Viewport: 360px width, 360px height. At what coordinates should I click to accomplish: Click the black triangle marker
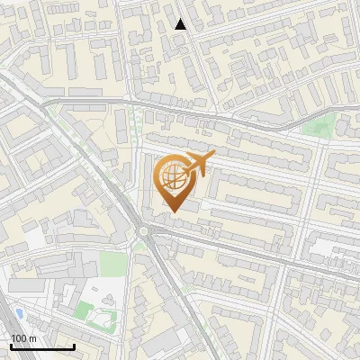(x=181, y=24)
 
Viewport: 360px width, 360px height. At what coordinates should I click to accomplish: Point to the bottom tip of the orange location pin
(x=173, y=212)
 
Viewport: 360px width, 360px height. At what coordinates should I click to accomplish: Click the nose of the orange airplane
(x=212, y=156)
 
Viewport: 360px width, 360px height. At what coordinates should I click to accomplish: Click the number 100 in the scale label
(x=19, y=338)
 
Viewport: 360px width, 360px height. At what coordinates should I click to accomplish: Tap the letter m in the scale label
(x=32, y=338)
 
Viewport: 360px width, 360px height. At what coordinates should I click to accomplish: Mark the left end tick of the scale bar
(x=11, y=346)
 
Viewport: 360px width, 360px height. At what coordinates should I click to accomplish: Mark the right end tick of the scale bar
(x=75, y=346)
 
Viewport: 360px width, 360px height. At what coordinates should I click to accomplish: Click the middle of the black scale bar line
(x=42, y=347)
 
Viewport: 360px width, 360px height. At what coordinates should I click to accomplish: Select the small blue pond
(x=19, y=313)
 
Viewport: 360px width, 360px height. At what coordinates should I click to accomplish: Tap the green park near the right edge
(x=317, y=127)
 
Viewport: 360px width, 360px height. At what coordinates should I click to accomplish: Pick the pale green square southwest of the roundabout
(x=112, y=263)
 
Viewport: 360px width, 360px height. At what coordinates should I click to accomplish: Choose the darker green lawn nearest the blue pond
(x=83, y=310)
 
